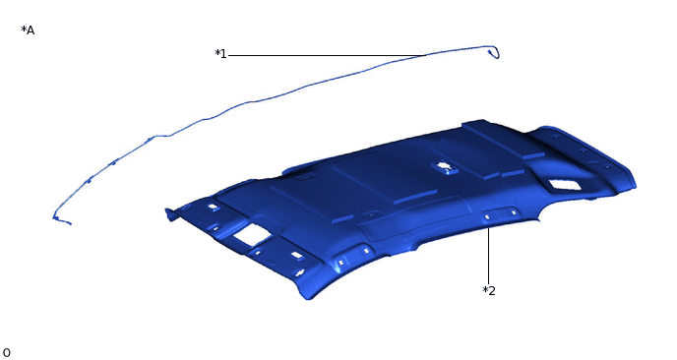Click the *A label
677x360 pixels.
tap(28, 30)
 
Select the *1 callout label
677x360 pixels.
tap(220, 54)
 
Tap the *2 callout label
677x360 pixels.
tap(489, 290)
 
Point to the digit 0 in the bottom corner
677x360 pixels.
tap(6, 353)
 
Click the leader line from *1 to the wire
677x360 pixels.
tap(328, 55)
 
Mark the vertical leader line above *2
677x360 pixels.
tap(488, 256)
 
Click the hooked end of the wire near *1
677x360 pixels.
tap(495, 52)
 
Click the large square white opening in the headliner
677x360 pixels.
tap(252, 235)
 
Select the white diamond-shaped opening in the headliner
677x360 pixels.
tap(564, 185)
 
